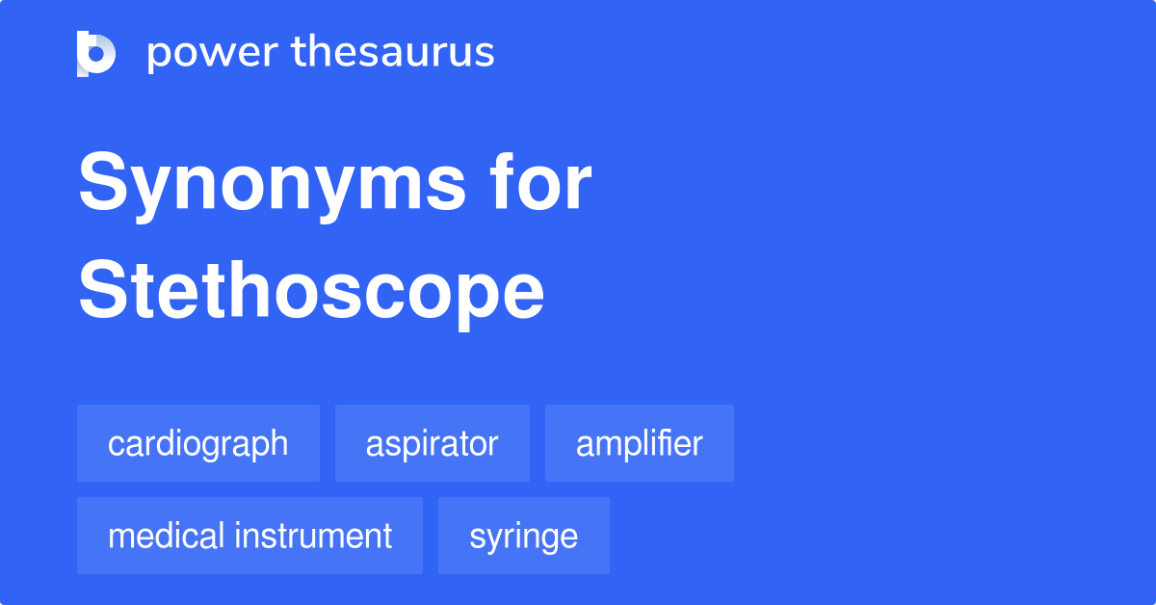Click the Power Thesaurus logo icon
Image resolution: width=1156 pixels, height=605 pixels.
(96, 53)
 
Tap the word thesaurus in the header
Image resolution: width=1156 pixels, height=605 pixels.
(393, 53)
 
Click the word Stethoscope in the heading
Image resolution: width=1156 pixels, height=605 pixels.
(311, 292)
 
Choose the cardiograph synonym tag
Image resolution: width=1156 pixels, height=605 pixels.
(197, 443)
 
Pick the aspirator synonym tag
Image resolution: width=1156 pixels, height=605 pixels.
(432, 443)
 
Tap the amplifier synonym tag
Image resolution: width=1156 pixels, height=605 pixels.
(639, 443)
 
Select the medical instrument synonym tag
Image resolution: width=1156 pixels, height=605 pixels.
(250, 536)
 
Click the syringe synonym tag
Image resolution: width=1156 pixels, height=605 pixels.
(523, 536)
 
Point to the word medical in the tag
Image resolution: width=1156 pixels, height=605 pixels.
(165, 536)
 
